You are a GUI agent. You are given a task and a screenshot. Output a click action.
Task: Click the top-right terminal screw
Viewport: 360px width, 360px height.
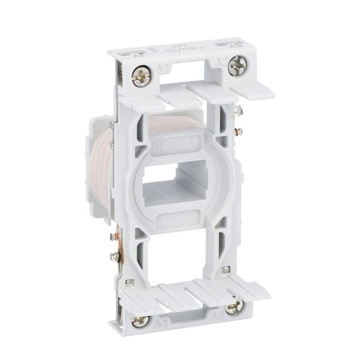click(237, 68)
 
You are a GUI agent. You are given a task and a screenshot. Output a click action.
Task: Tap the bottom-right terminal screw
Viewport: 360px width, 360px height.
click(232, 306)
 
